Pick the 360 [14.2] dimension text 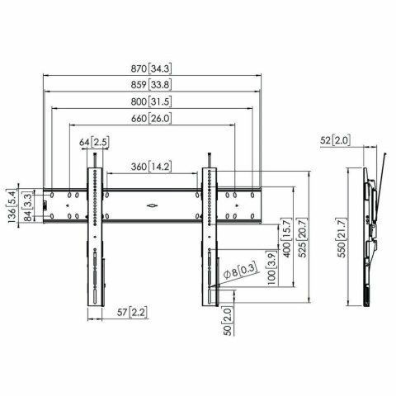(x=151, y=167)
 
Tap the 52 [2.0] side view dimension (x=336, y=142)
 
